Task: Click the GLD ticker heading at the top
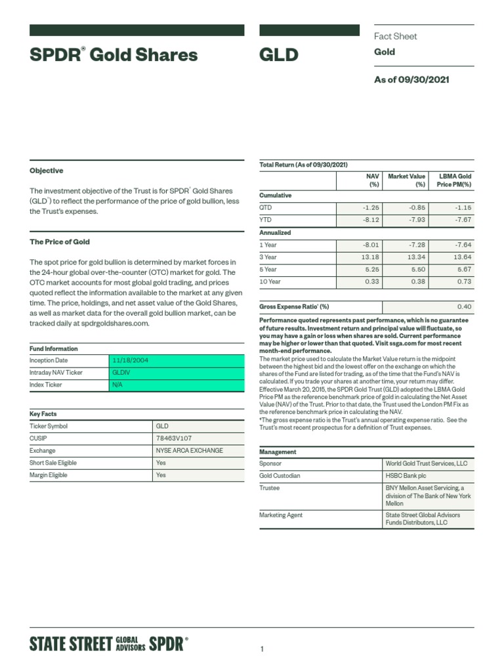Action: pos(279,55)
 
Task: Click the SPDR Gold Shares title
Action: pos(114,55)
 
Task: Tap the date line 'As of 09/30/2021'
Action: pos(411,80)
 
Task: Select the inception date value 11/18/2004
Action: pos(131,361)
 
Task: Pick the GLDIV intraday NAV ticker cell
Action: pos(123,373)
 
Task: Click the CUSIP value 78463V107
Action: pos(175,438)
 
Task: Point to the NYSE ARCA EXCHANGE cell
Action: pos(189,451)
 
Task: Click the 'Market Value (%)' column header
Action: pos(407,180)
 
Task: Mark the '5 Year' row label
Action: pos(268,270)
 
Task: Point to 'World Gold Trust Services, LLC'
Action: pos(427,463)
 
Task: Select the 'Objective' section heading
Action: pos(47,171)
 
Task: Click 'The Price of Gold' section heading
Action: pos(60,242)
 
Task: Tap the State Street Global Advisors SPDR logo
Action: pos(109,644)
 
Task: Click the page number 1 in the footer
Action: pos(262,650)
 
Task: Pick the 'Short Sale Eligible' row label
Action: pos(53,463)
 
